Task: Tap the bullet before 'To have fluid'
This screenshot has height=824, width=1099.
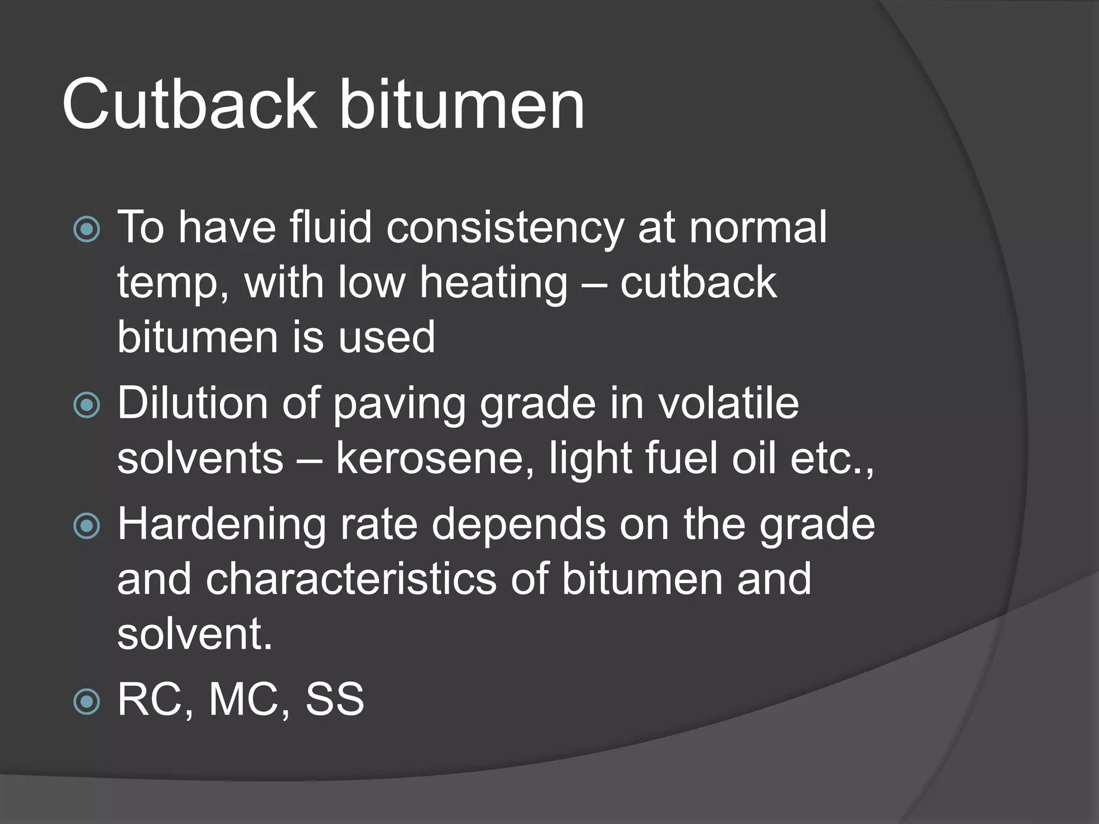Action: [87, 229]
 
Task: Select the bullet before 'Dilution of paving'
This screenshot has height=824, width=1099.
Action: [87, 404]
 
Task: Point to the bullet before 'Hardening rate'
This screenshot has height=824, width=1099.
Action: [87, 526]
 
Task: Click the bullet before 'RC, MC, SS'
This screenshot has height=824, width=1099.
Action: [87, 701]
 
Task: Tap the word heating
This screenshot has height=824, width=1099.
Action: [493, 284]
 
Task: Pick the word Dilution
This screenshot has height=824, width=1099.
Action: [192, 403]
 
